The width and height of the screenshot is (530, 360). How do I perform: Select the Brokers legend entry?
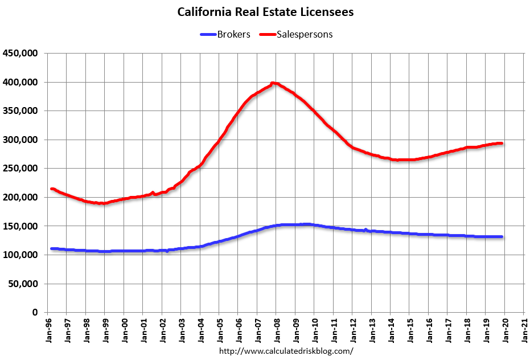coord(233,34)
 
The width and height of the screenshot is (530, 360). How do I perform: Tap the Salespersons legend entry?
coord(305,34)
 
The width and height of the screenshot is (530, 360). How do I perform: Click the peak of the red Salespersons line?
coord(273,83)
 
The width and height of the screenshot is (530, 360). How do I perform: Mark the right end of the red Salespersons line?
coord(501,143)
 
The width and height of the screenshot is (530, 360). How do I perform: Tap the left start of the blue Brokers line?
coord(52,248)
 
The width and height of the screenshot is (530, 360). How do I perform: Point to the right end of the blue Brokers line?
coord(501,236)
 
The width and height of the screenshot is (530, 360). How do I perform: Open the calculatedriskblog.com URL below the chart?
coord(286,351)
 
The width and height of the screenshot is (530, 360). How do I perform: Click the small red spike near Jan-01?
coord(153,193)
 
